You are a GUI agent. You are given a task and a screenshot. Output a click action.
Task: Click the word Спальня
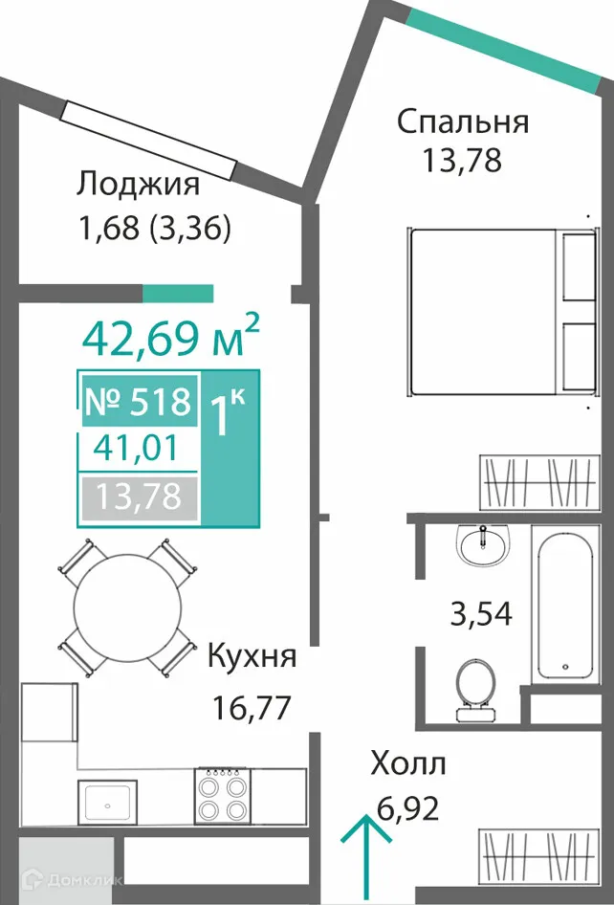[464, 123]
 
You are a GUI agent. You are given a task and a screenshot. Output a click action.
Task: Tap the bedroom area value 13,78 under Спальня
[462, 160]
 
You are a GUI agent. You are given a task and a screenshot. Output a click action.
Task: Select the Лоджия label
[139, 185]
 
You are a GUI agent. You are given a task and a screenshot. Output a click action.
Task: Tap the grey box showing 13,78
[139, 497]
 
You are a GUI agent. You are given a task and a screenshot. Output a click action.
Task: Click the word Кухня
[252, 657]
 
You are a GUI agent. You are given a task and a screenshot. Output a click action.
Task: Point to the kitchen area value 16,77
[250, 708]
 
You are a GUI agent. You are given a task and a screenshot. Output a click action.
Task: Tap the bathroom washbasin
[482, 543]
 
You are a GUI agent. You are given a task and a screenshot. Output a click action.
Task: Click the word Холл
[408, 764]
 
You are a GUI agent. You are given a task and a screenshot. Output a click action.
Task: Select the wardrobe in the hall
[537, 856]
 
